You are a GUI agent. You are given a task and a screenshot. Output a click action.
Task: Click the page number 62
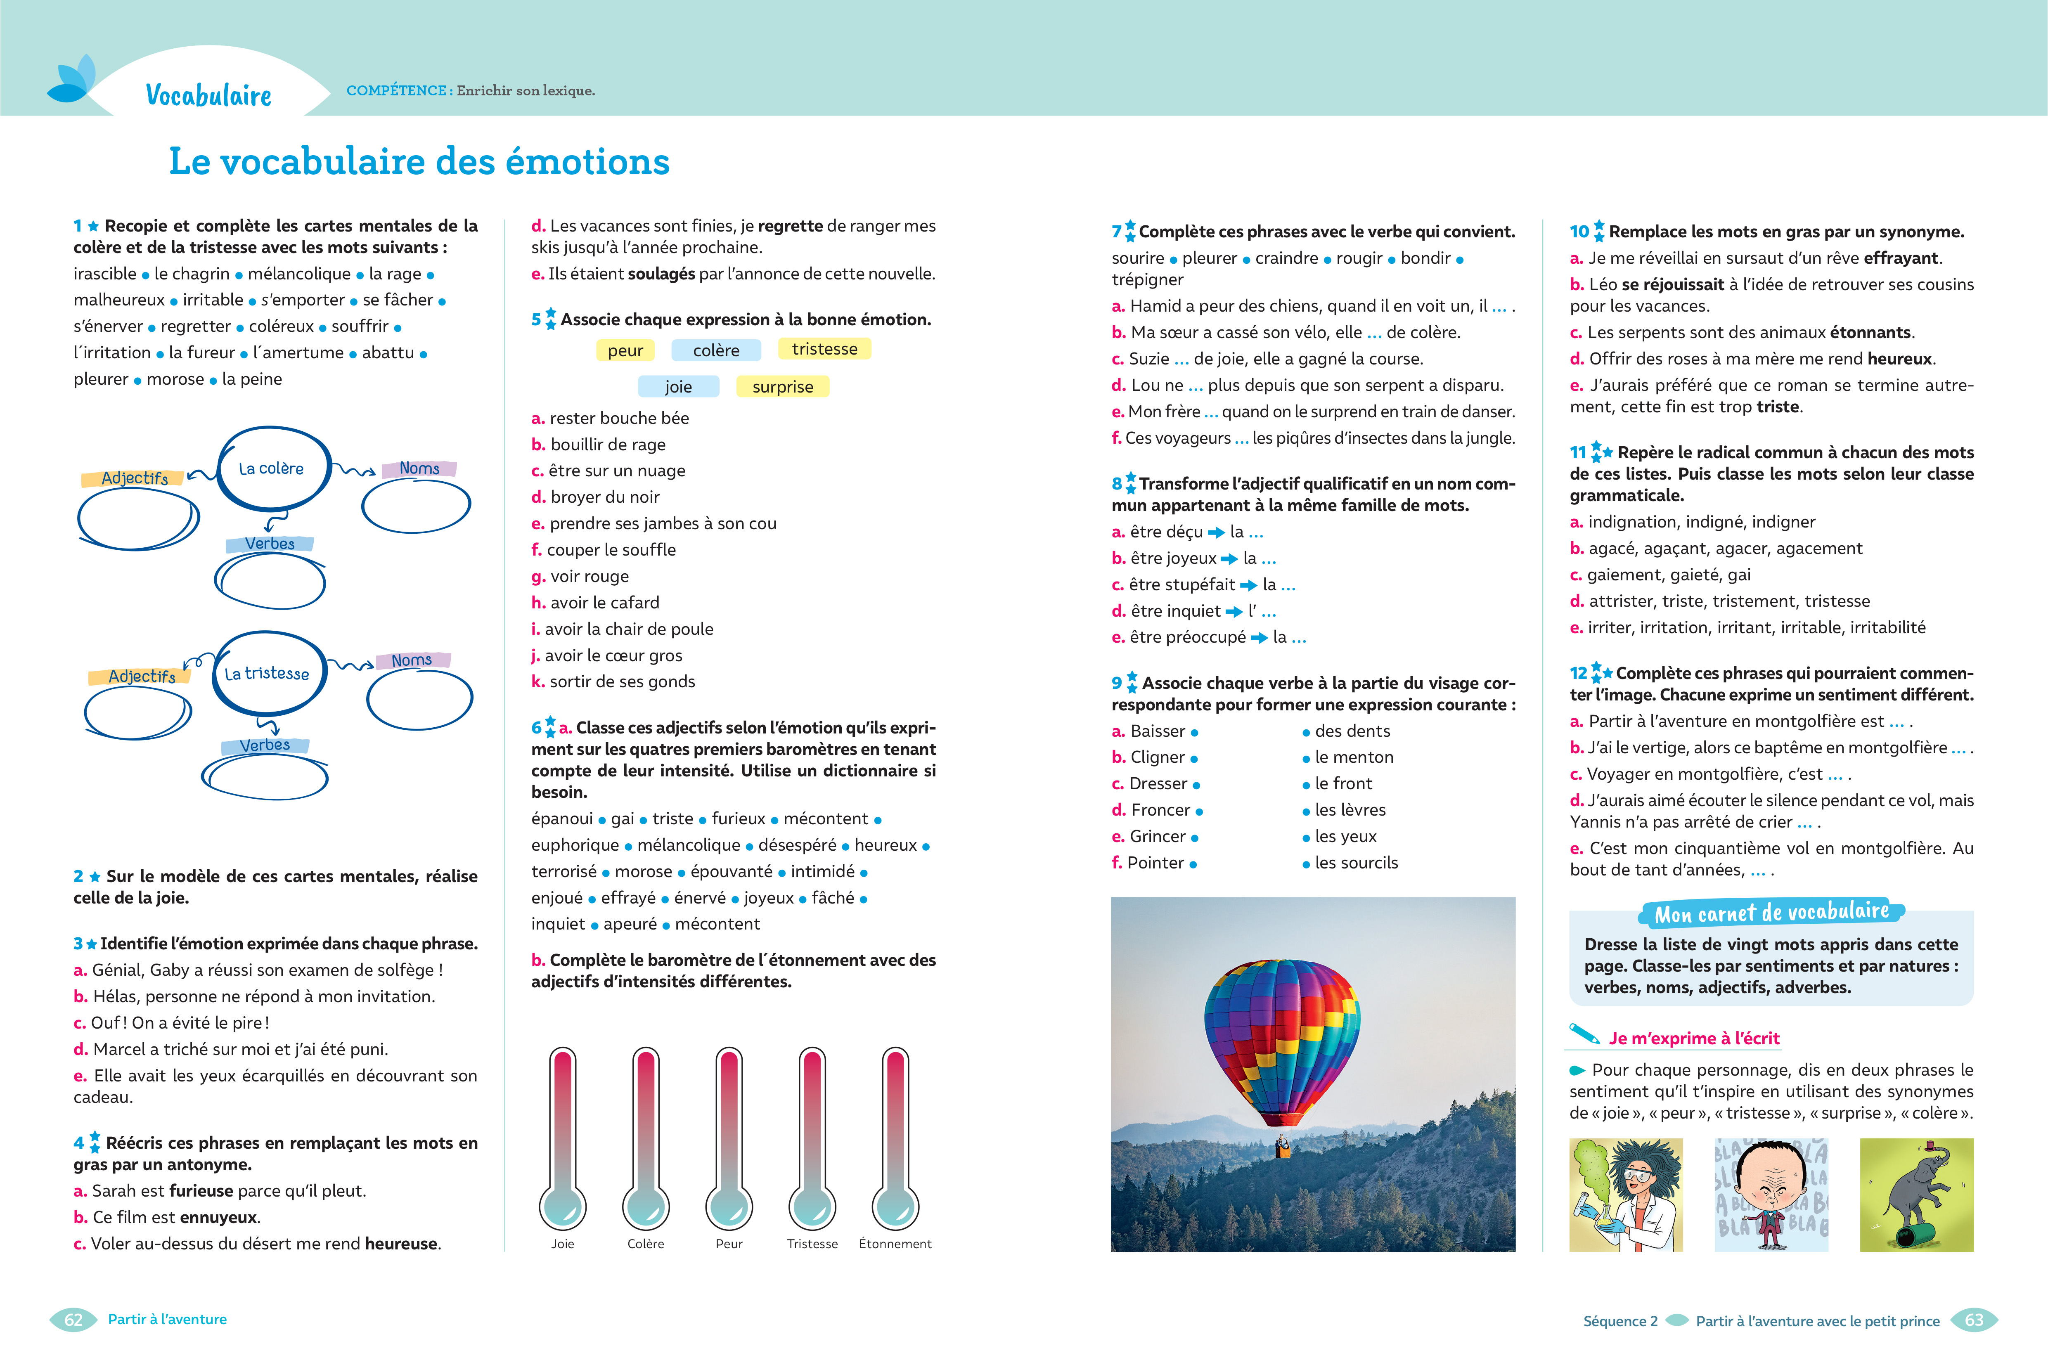[x=74, y=1320]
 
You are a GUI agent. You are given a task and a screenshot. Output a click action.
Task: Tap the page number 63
[x=1974, y=1320]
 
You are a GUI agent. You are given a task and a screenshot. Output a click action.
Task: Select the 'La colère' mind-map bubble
[x=272, y=468]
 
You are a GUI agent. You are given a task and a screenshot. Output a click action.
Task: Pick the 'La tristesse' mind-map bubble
[x=268, y=673]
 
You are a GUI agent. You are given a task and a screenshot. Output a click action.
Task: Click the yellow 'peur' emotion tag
[x=625, y=350]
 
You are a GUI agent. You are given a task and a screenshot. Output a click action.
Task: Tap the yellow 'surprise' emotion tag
[x=782, y=386]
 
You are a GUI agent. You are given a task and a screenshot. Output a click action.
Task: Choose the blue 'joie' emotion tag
[x=678, y=386]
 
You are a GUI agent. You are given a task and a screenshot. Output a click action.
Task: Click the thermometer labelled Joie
[x=563, y=1136]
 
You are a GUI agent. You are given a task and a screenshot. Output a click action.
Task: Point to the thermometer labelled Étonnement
[x=895, y=1136]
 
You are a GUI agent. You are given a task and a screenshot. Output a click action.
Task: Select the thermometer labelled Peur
[x=729, y=1136]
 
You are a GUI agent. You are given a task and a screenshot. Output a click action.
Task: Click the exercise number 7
[x=1116, y=232]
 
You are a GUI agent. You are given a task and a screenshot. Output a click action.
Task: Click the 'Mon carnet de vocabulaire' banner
[x=1771, y=912]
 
